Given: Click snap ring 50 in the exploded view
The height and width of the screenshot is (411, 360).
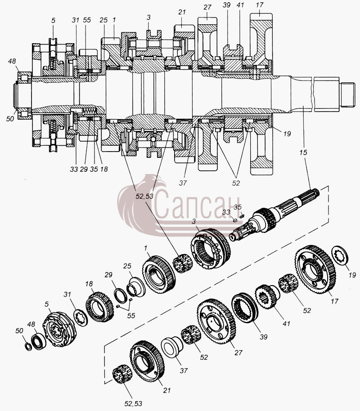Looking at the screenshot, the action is pyautogui.click(x=28, y=346).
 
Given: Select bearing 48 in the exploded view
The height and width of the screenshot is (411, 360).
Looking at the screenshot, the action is pyautogui.click(x=39, y=342).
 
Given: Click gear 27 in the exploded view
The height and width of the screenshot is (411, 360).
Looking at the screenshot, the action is pyautogui.click(x=216, y=322).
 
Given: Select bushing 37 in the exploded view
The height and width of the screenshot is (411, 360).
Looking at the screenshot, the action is pyautogui.click(x=172, y=347).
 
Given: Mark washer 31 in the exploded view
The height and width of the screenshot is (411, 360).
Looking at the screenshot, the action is pyautogui.click(x=80, y=317).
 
